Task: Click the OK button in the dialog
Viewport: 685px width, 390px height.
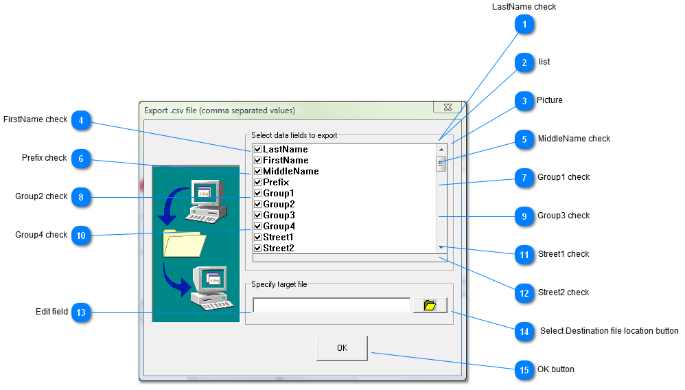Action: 342,348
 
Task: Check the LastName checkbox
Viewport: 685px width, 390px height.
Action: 258,150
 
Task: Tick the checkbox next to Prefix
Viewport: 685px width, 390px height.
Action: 258,183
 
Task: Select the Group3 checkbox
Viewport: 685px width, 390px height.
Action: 258,215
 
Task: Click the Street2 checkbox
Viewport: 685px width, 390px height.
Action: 258,249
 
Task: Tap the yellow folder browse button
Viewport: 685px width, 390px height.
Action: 430,305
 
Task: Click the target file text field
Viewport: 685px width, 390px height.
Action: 332,305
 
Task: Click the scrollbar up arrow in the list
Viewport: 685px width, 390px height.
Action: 441,150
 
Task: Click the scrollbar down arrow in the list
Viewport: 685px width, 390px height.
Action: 441,247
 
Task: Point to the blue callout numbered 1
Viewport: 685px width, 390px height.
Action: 524,25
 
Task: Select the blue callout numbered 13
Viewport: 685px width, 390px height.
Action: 81,312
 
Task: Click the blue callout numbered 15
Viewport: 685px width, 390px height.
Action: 524,370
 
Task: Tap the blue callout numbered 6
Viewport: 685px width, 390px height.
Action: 81,159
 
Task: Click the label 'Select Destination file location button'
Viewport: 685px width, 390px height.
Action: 609,331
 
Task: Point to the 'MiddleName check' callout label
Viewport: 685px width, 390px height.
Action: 574,139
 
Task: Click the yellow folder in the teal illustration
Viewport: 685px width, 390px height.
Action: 185,243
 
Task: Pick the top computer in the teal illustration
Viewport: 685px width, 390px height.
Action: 207,200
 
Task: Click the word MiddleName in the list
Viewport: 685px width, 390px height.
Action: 291,172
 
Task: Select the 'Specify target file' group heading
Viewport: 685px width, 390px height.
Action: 279,284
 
